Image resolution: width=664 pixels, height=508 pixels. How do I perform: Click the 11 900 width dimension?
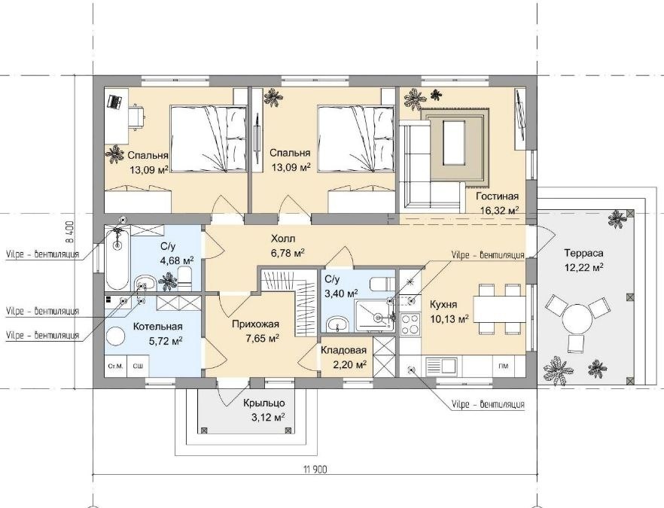tap(315, 469)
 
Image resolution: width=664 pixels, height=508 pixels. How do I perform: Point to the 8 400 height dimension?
tap(70, 233)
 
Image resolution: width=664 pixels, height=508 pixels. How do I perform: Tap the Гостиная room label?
tap(497, 196)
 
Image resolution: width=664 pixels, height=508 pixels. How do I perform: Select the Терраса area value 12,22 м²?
tap(583, 267)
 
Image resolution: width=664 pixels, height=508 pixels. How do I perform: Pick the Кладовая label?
tap(343, 351)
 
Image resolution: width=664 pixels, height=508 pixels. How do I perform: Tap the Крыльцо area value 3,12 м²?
tap(267, 418)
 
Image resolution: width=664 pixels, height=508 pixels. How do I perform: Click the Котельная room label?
tap(158, 327)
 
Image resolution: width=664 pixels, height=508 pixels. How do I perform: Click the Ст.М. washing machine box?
tap(115, 366)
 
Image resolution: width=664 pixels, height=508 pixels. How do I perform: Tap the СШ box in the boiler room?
tap(138, 366)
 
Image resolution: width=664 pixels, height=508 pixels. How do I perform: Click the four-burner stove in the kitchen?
tap(410, 324)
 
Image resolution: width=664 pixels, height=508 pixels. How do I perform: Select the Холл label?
tap(283, 239)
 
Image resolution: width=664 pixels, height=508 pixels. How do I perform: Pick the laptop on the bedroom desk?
tap(114, 102)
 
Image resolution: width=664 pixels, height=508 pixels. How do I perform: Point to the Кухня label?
tap(443, 304)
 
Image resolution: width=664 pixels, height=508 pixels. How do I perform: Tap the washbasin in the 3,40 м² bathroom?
tap(337, 324)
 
